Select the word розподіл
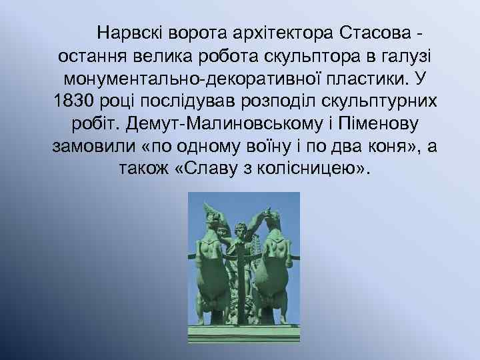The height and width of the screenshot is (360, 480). (284, 101)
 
